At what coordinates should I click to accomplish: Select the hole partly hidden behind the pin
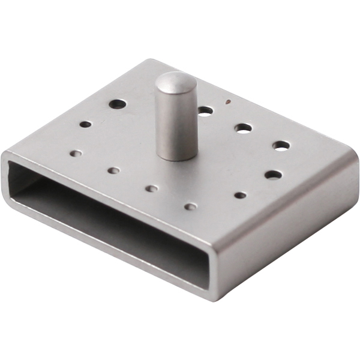(x=205, y=110)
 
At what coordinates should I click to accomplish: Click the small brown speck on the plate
(x=227, y=101)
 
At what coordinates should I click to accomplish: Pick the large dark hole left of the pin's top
(x=118, y=104)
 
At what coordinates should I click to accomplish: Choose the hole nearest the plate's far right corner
(x=281, y=145)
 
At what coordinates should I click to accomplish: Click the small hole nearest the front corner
(x=190, y=206)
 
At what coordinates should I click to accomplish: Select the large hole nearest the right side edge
(x=273, y=175)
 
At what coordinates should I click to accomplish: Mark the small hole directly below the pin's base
(x=152, y=188)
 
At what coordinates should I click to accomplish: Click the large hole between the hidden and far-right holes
(x=243, y=127)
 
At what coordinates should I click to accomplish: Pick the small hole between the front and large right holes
(x=240, y=195)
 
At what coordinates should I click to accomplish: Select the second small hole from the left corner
(x=113, y=170)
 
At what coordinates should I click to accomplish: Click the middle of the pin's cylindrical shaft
(x=177, y=120)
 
